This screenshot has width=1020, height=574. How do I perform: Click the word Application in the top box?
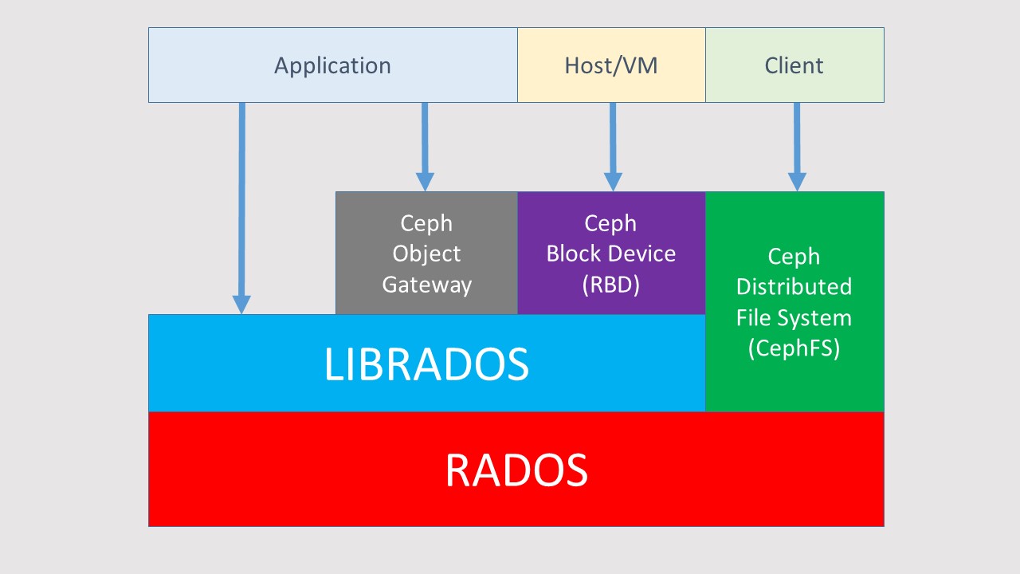click(332, 66)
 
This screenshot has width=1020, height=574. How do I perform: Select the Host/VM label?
click(611, 65)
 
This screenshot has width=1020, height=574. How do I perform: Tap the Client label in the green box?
click(794, 65)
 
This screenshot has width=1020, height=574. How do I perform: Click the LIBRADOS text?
click(426, 364)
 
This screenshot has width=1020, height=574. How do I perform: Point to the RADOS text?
click(516, 470)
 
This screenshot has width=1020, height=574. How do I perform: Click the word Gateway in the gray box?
click(426, 285)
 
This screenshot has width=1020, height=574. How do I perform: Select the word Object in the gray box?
click(426, 254)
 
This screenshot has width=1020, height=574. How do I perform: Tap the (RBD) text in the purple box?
click(611, 285)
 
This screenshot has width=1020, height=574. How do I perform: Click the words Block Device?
click(611, 254)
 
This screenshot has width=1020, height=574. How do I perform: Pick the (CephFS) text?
click(794, 348)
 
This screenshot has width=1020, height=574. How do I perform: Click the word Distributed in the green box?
click(794, 286)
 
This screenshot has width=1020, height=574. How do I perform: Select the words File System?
click(794, 317)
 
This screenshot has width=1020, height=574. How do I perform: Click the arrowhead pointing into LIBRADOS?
click(241, 305)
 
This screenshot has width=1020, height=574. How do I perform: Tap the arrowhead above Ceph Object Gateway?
click(425, 182)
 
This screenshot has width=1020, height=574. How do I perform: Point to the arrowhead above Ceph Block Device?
click(613, 182)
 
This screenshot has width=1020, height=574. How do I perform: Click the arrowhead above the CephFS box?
click(797, 182)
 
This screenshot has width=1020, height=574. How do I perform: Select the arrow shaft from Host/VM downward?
click(613, 138)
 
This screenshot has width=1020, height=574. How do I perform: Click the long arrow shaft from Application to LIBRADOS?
click(241, 199)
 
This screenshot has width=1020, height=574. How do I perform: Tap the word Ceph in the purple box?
click(610, 224)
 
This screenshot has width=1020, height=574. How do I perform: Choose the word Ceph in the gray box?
click(426, 224)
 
